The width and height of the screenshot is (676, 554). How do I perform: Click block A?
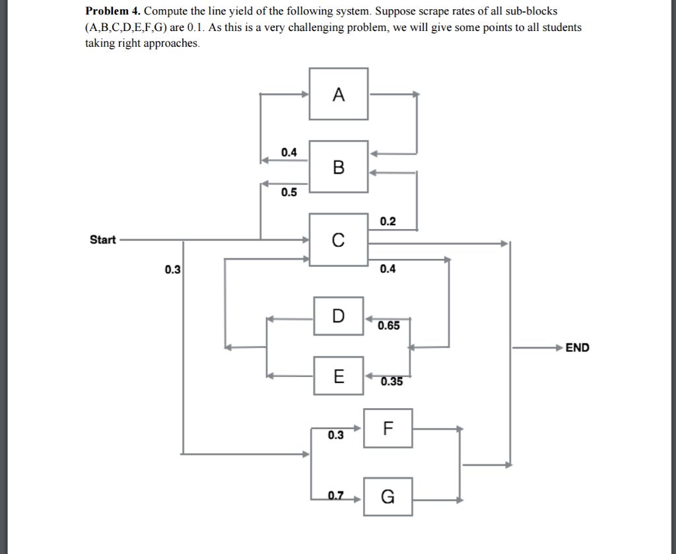point(339,94)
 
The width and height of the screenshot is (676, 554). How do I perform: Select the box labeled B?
point(339,166)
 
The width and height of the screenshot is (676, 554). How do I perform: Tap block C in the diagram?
point(339,240)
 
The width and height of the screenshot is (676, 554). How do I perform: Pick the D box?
point(339,316)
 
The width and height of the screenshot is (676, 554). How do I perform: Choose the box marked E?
point(339,376)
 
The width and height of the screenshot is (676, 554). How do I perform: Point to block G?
point(388,497)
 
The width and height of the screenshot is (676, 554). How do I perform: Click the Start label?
point(102,240)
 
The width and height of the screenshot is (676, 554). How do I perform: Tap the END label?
point(577,347)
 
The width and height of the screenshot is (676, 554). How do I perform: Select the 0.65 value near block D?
point(388,326)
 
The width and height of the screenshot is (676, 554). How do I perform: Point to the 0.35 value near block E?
point(391,381)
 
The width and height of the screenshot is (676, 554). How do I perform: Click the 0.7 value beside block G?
point(335,497)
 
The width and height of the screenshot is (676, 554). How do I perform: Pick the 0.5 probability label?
point(289,193)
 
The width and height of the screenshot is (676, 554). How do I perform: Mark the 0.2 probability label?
point(388,222)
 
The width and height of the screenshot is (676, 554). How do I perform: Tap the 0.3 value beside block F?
point(335,435)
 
